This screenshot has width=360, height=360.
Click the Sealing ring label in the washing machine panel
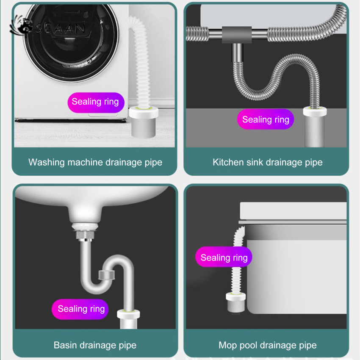coord(96,102)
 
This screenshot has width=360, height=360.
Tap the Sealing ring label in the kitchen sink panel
coord(266,119)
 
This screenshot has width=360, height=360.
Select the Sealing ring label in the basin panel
coord(80,309)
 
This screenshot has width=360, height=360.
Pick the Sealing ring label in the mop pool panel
coord(224,257)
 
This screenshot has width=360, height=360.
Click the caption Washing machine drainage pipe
coord(95,162)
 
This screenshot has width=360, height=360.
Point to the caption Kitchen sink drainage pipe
coord(268,162)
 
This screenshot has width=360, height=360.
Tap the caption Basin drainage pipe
coord(95,345)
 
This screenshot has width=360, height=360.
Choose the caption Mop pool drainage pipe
coord(268,345)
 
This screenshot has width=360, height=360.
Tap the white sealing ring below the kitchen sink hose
coord(315,111)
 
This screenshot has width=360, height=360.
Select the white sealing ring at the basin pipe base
coord(128,314)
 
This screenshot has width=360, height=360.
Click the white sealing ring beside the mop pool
coord(236,296)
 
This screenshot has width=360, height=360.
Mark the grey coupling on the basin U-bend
coord(107,275)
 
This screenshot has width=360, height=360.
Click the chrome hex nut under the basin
coord(85,235)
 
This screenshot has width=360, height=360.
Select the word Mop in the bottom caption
coord(227,346)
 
